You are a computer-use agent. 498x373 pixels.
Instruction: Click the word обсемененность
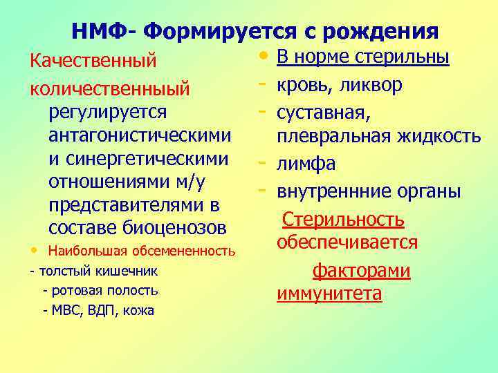click(x=187, y=250)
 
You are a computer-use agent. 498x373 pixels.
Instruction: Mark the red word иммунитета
click(x=329, y=294)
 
